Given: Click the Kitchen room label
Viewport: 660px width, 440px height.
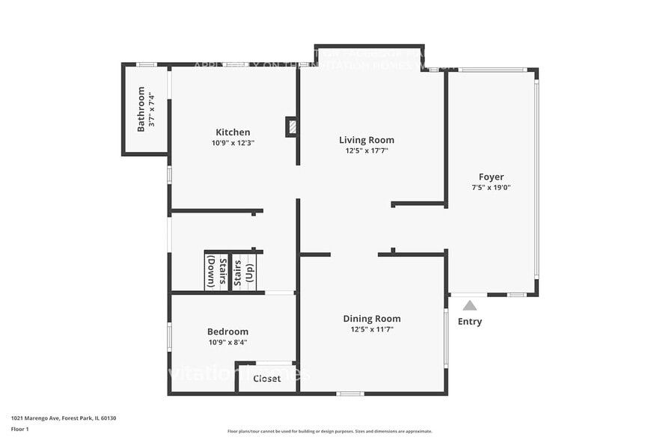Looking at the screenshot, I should click(233, 132).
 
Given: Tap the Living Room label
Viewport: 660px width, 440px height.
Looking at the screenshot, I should click(366, 140).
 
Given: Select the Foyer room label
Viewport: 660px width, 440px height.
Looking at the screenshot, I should click(491, 177).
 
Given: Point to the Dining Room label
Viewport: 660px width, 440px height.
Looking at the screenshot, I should click(371, 319).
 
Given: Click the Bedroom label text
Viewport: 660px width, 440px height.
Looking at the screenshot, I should click(227, 331).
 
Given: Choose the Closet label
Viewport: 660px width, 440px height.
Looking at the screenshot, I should click(266, 379).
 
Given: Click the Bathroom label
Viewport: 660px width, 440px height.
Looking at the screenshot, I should click(141, 109).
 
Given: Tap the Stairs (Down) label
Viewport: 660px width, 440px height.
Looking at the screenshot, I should click(217, 272).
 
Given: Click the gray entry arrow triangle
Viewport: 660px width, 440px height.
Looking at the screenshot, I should click(469, 305).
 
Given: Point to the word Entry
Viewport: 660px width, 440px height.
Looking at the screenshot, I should click(470, 322).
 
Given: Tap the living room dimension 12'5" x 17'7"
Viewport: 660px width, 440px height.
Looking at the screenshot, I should click(366, 150).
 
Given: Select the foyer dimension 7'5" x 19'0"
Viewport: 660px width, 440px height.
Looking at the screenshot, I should click(491, 187).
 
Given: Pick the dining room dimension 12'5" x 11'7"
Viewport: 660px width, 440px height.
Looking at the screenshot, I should click(371, 329).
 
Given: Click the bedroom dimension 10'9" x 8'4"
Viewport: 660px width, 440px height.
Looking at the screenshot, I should click(227, 342).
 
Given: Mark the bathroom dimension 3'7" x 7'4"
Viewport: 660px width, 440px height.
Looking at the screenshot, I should click(151, 109).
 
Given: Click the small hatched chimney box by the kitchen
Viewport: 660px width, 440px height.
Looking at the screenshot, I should click(291, 127).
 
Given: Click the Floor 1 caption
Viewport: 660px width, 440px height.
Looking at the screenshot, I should click(19, 429).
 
